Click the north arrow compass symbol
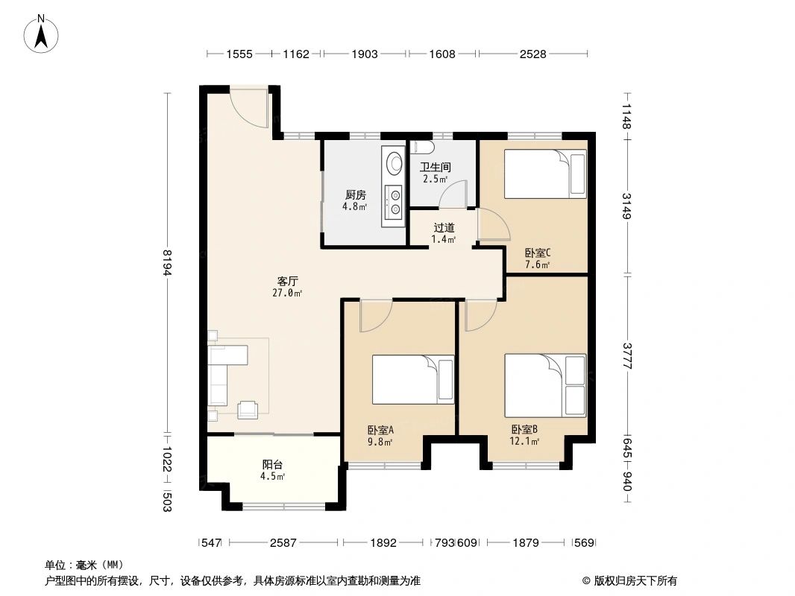[x=41, y=34]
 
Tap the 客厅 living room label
[x=287, y=281]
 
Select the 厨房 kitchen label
[x=356, y=195]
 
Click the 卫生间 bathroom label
[x=436, y=167]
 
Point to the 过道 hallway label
[x=444, y=229]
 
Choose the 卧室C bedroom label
[x=538, y=253]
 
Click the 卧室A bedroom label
[x=381, y=431]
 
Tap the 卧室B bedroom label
[x=524, y=429]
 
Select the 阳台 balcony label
[x=272, y=464]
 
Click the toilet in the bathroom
[x=422, y=147]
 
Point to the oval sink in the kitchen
[x=395, y=163]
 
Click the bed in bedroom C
[x=545, y=173]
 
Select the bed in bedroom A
[x=413, y=379]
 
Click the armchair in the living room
[x=248, y=409]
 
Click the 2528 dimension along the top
[x=533, y=54]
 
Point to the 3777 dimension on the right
[x=627, y=356]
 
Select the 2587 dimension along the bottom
[x=283, y=543]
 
